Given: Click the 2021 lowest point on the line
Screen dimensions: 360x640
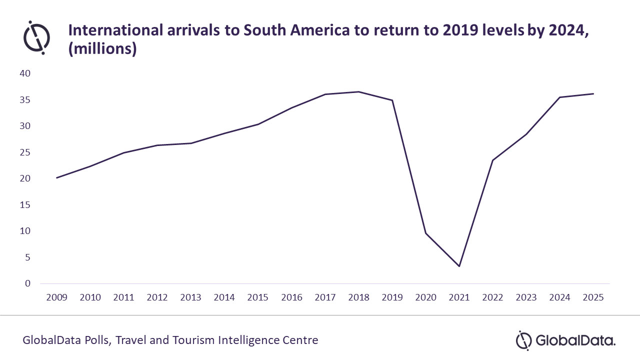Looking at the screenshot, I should (459, 266).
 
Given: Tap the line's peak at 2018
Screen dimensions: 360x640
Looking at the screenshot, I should (358, 91).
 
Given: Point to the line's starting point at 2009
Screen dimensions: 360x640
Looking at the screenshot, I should (56, 177).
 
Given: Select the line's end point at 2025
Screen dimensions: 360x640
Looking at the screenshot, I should (593, 93).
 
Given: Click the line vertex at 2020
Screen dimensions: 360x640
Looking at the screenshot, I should (425, 233).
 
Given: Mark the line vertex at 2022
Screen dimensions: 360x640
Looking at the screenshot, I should (492, 160).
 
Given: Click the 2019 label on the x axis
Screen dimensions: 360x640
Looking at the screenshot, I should (392, 297).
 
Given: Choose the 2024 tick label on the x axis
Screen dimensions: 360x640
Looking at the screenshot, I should (559, 297).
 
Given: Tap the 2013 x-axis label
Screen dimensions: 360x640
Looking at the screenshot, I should (190, 297).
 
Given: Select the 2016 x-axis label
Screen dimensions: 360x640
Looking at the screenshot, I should (291, 297).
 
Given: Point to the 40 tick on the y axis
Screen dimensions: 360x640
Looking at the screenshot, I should (25, 73).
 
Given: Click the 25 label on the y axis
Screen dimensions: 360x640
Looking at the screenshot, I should (25, 152).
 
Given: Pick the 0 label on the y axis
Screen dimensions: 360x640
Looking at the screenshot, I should (28, 283).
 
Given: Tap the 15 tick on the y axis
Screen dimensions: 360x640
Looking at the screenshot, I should (25, 205).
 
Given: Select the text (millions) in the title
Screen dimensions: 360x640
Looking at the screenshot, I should (102, 50).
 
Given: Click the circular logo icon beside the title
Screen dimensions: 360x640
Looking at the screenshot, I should (36, 37).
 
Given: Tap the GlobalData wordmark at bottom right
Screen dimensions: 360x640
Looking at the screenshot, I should (575, 341).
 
